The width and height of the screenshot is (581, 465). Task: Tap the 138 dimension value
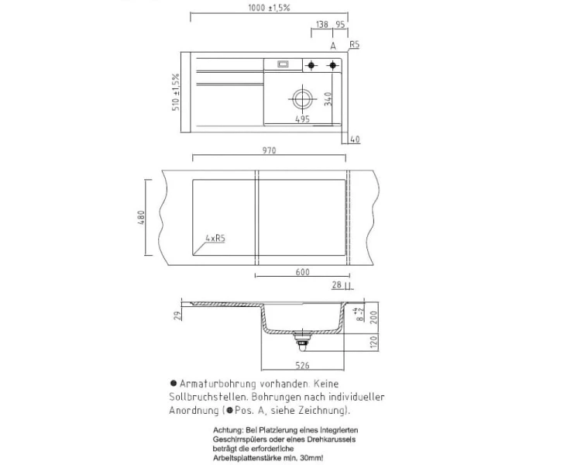pyautogui.click(x=321, y=24)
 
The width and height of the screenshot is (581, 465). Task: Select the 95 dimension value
pyautogui.click(x=340, y=24)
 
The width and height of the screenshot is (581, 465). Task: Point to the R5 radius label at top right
pyautogui.click(x=356, y=46)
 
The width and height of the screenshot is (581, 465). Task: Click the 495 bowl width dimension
pyautogui.click(x=303, y=119)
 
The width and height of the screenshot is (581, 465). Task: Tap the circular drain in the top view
pyautogui.click(x=301, y=98)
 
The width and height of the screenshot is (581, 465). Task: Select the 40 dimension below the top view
pyautogui.click(x=356, y=139)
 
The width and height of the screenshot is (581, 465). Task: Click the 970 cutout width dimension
pyautogui.click(x=269, y=150)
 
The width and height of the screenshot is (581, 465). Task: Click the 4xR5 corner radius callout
pyautogui.click(x=215, y=239)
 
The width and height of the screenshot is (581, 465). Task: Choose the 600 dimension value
pyautogui.click(x=303, y=272)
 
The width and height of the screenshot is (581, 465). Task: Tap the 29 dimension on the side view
pyautogui.click(x=177, y=315)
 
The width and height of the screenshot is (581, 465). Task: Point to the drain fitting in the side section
pyautogui.click(x=301, y=339)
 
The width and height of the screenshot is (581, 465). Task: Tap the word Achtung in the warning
pyautogui.click(x=228, y=429)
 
